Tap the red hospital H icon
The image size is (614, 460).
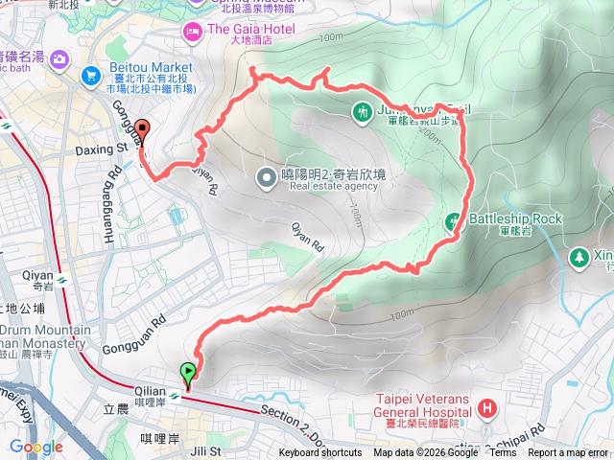point(487,409)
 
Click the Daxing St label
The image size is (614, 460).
point(100,149)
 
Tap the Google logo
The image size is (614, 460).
point(36,447)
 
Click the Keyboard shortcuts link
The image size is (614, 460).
point(320,453)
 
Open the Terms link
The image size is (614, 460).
point(502,453)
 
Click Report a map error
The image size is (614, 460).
point(569,453)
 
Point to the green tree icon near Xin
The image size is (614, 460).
point(579,257)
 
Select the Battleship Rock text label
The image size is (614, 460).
point(515,219)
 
